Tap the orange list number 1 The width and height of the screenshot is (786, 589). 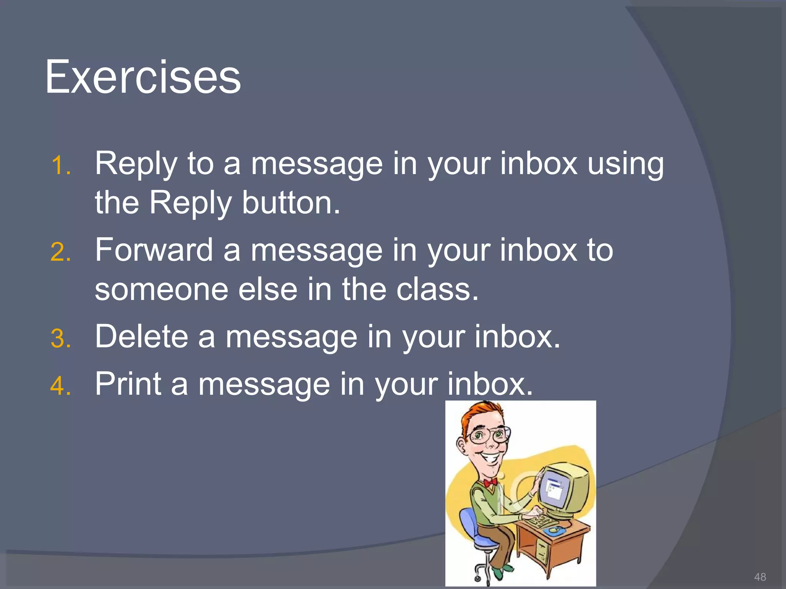pyautogui.click(x=60, y=166)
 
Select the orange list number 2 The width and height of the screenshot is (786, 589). pyautogui.click(x=60, y=252)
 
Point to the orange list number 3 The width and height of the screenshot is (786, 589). pyautogui.click(x=60, y=339)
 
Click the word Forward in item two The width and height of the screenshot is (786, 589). pyautogui.click(x=154, y=250)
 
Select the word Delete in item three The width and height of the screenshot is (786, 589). pyautogui.click(x=142, y=337)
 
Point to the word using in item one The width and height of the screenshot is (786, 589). pyautogui.click(x=626, y=164)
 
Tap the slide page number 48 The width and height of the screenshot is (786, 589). pyautogui.click(x=760, y=577)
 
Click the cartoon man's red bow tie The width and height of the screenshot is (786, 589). pyautogui.click(x=490, y=482)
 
